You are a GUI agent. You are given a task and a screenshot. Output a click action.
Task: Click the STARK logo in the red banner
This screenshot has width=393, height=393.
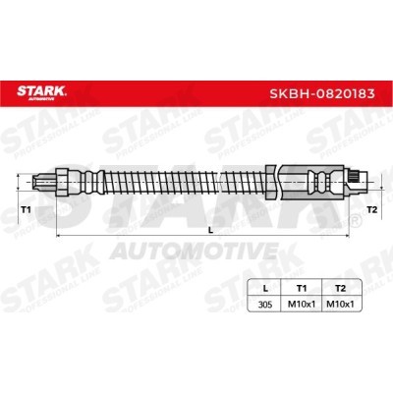click(x=41, y=91)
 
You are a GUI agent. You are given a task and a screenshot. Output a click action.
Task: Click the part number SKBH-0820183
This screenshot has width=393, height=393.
click(x=322, y=93)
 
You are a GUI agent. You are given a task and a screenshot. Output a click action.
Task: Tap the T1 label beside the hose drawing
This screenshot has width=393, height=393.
click(x=26, y=209)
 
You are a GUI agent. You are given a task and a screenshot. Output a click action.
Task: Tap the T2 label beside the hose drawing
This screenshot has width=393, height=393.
click(x=371, y=210)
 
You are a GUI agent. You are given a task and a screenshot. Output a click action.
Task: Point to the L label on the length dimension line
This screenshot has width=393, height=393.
click(x=211, y=230)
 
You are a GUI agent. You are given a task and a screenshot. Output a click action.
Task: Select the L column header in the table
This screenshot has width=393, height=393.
click(x=265, y=288)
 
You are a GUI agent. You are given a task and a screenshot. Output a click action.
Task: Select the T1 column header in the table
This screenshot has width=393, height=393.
click(x=302, y=288)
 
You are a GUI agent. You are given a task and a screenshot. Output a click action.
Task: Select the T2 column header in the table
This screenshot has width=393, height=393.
click(x=341, y=288)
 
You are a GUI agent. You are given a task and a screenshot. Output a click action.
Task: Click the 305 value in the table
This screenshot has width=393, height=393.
click(x=265, y=305)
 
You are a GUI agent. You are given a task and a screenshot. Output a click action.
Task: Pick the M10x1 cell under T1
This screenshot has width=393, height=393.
click(x=302, y=305)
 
